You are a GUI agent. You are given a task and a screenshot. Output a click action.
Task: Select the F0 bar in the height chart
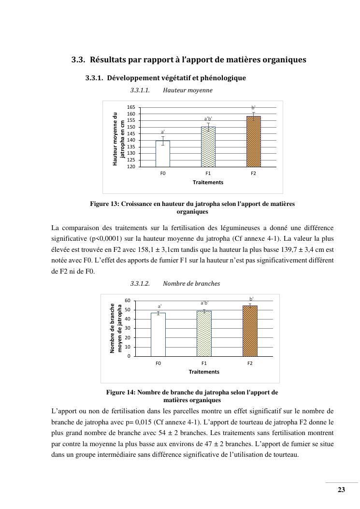point(163,153)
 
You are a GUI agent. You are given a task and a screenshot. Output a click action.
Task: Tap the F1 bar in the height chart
point(208,146)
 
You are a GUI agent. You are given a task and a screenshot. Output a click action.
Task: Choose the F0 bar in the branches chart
point(158,334)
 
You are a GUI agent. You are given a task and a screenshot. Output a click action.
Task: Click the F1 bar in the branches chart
point(204,333)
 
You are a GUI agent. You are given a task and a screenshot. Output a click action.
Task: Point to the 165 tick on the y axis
point(131,107)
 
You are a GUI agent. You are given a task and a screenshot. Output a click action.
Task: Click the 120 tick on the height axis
point(131,166)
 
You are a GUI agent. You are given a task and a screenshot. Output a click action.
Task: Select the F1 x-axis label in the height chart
point(208,173)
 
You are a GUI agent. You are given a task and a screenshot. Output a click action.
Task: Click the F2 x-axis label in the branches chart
point(250,363)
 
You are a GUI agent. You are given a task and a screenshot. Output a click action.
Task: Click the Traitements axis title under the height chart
point(208,182)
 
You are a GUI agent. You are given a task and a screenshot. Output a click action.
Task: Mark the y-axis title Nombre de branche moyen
point(116,328)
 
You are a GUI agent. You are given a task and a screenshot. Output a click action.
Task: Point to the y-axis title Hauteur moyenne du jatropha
point(118,139)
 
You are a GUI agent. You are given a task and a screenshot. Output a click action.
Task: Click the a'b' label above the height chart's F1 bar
point(208,118)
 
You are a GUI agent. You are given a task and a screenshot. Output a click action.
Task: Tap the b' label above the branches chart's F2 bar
point(251,299)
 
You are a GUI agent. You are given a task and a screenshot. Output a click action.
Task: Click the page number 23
point(341,490)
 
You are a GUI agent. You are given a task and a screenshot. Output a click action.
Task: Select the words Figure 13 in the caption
point(104,204)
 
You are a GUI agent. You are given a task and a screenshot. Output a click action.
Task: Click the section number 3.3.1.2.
point(140,283)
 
